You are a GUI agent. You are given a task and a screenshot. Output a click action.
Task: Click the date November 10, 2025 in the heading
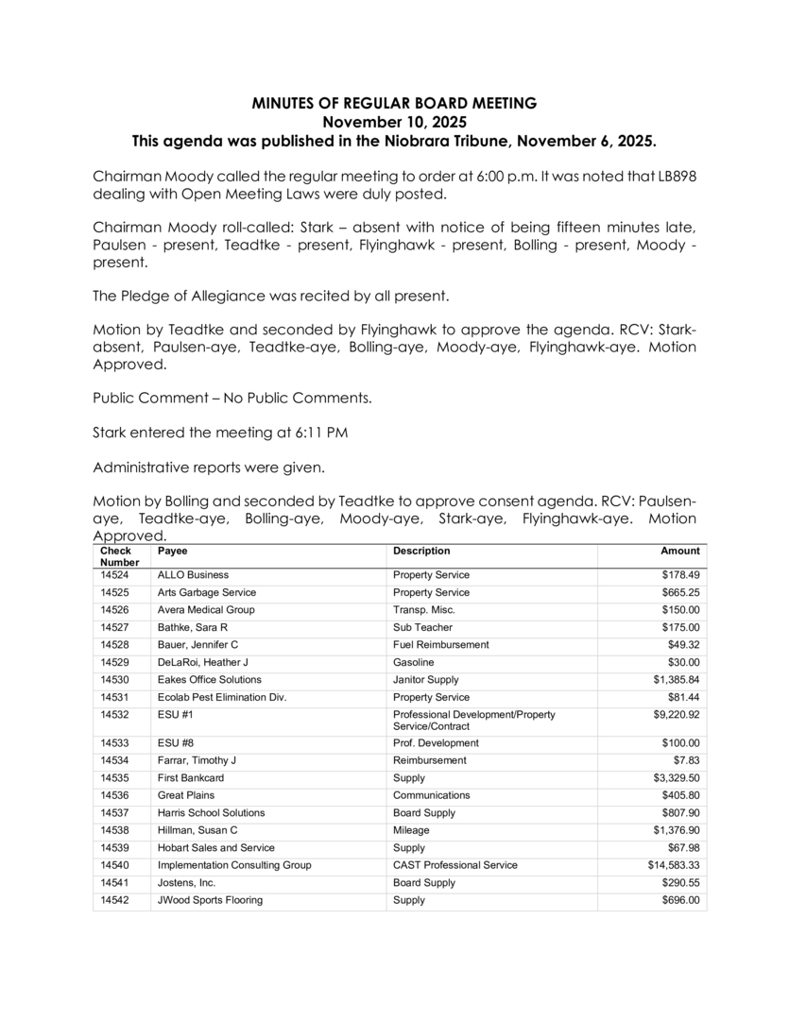coord(394,122)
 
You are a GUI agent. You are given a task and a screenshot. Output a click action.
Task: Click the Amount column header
coord(680,551)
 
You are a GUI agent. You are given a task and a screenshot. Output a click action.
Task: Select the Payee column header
coord(173,551)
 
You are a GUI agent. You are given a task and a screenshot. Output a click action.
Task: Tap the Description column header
coord(421,551)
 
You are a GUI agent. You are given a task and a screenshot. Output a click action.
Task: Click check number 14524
coord(113,575)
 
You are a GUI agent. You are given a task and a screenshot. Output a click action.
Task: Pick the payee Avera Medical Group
coord(206,610)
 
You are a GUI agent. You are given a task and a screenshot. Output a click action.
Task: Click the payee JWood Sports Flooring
coord(210,900)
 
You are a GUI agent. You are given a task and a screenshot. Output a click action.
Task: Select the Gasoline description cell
coord(414,662)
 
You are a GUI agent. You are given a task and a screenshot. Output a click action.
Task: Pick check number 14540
coord(113,865)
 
